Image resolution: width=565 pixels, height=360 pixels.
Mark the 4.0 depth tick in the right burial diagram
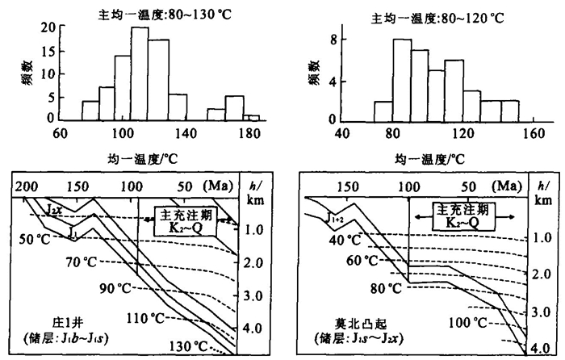click(542, 347)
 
